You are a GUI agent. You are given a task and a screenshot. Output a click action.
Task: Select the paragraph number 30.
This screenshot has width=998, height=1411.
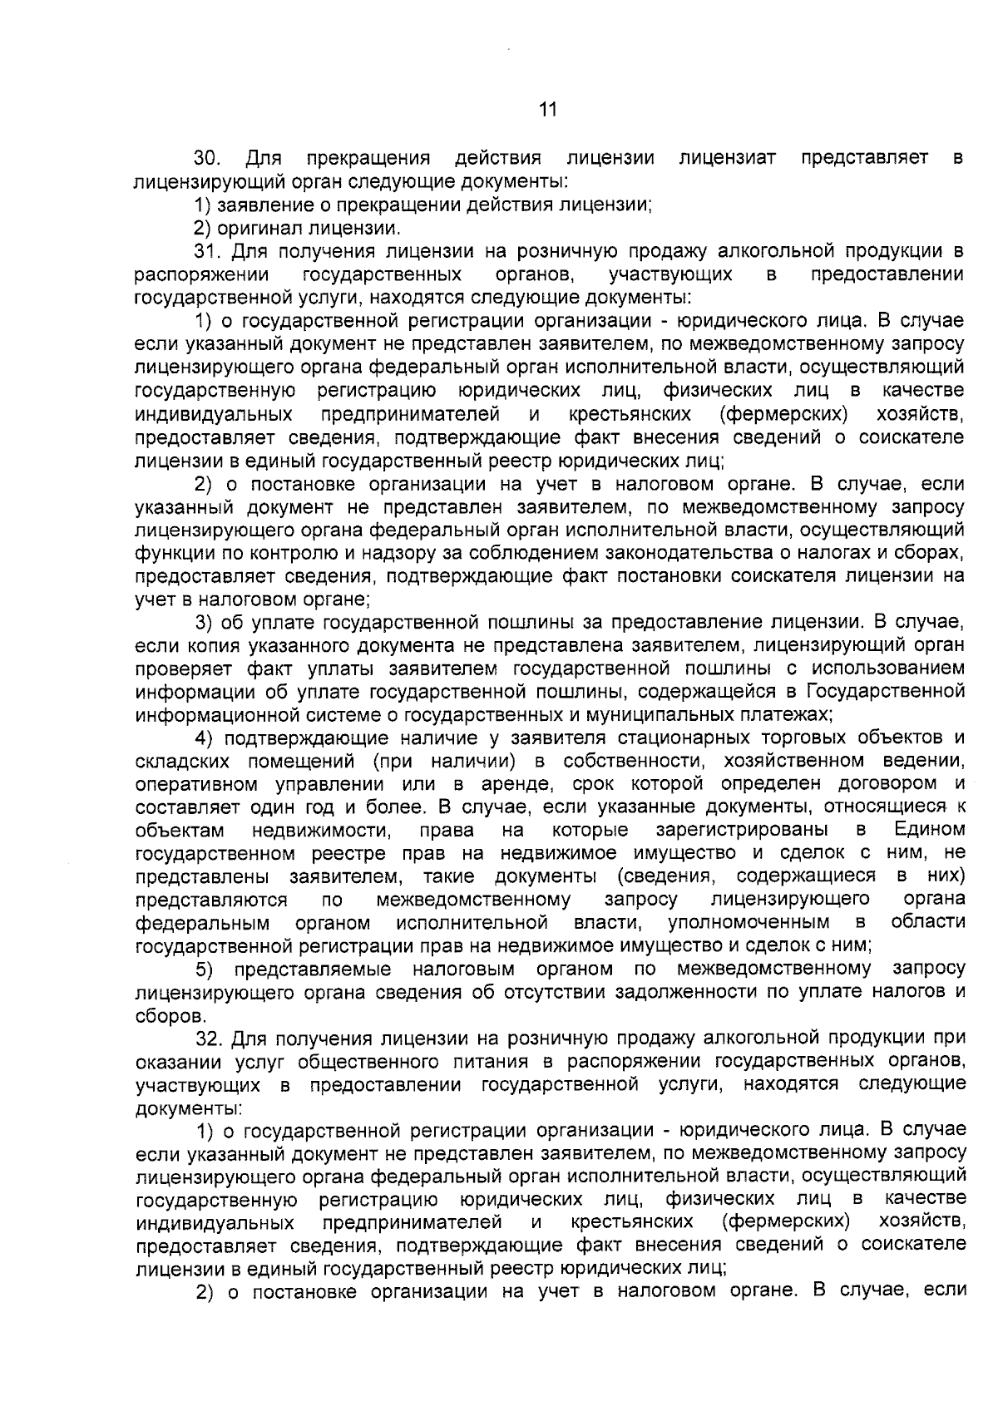(x=206, y=158)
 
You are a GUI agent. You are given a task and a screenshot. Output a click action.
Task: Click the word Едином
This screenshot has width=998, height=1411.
(x=929, y=830)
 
